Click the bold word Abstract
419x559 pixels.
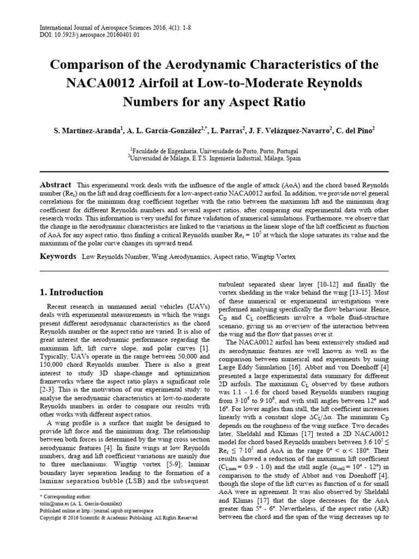(56, 185)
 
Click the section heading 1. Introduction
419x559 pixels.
(73, 292)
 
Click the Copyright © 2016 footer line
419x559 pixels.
(119, 518)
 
